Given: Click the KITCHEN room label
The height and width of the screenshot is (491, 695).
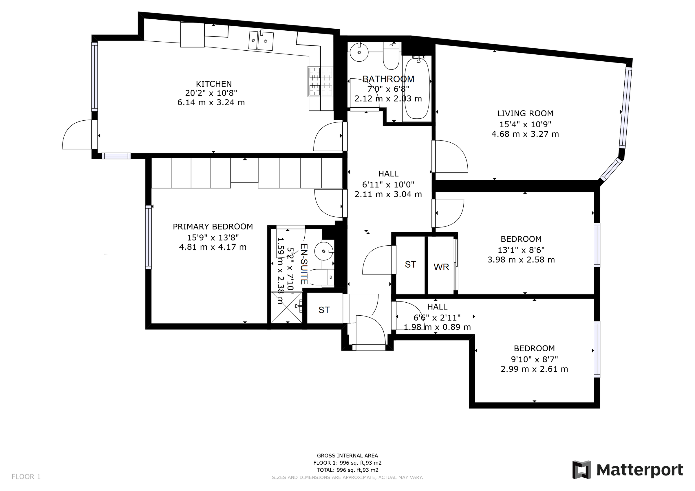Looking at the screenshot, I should point(214,84).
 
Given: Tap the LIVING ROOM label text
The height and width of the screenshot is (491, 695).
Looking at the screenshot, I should point(525,113).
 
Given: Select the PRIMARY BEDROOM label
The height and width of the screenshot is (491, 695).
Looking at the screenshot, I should point(213,227).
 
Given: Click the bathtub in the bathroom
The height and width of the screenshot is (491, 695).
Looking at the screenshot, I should point(417,88).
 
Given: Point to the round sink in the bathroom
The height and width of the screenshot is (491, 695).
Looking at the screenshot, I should point(359,52).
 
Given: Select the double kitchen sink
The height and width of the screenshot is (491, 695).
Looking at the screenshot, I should point(261,40).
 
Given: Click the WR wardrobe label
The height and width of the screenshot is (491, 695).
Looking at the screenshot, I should point(441,267).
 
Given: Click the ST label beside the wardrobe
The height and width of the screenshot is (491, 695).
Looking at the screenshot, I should point(410,265).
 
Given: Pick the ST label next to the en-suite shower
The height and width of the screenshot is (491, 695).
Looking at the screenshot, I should point(324,310).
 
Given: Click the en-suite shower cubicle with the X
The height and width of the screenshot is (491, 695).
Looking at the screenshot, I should point(286,307).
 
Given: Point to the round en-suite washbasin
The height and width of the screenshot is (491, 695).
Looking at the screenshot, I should point(323,251).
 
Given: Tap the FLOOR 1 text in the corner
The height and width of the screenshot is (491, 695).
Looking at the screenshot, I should point(26,477).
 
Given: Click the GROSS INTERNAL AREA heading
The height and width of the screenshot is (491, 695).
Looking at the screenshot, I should point(347,456).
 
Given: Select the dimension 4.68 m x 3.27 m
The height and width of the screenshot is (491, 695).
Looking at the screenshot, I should point(525,134).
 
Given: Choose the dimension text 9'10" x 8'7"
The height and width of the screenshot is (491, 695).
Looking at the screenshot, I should point(534,359).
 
